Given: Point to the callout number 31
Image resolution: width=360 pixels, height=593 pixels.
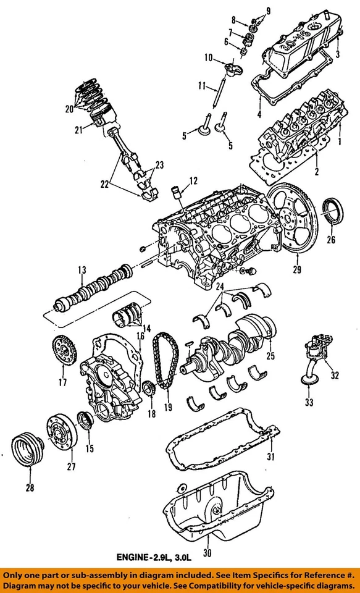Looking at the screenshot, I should click(x=269, y=456).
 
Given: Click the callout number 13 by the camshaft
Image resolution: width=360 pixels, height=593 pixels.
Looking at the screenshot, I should click(x=81, y=269).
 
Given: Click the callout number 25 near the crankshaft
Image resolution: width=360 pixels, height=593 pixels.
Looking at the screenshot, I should click(x=269, y=356).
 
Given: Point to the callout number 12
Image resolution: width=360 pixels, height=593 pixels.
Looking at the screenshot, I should click(x=193, y=182).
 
